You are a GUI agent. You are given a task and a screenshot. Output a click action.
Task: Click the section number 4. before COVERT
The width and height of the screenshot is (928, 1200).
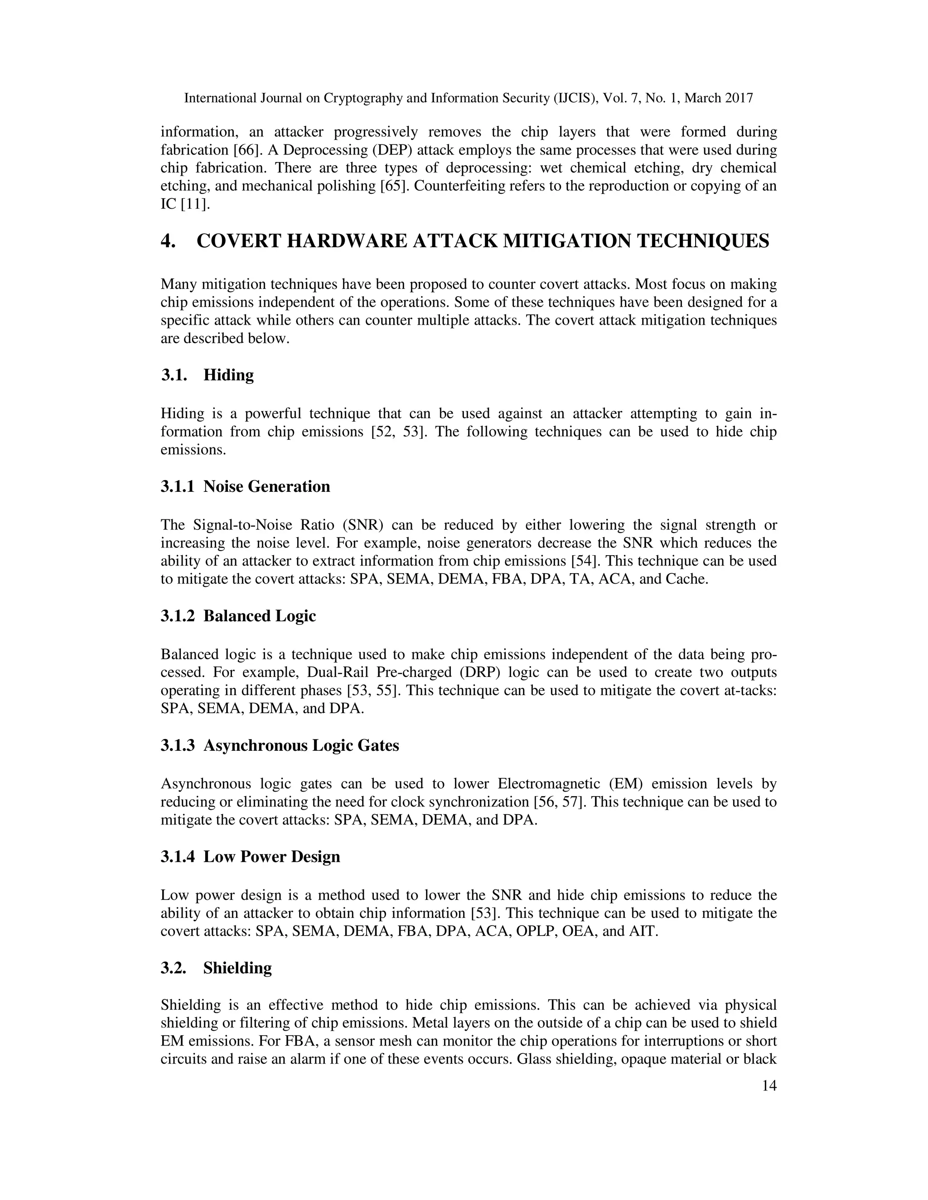pos(168,241)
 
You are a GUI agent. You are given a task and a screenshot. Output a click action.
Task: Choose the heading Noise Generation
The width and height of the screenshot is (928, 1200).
pos(266,486)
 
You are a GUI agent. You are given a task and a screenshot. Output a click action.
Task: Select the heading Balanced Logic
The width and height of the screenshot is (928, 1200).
pos(260,616)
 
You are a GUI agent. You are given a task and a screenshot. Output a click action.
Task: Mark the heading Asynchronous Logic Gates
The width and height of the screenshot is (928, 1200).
pos(301,746)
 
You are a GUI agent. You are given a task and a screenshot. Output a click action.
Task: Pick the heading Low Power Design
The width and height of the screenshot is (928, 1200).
pos(271,857)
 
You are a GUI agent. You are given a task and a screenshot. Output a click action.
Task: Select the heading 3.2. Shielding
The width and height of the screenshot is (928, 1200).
pos(216,968)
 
